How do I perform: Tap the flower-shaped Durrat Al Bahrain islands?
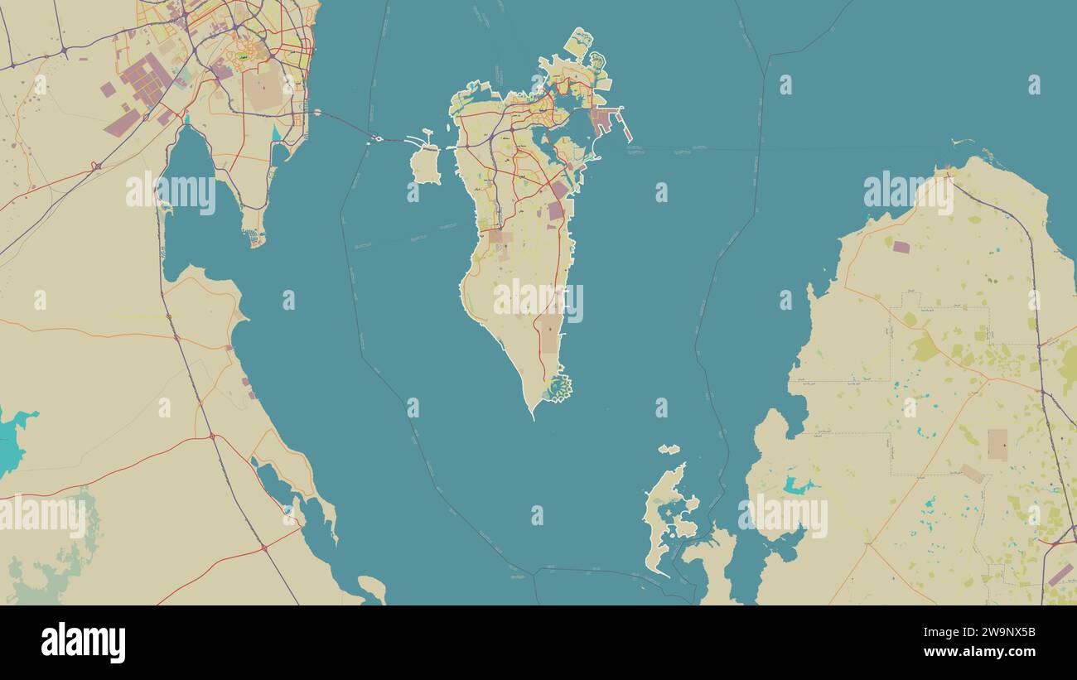[558, 388]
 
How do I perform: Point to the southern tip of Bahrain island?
[533, 415]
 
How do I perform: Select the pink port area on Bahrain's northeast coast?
[603, 122]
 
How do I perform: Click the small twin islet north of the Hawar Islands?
[669, 450]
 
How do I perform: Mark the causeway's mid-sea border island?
[379, 138]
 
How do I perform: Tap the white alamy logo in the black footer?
[83, 643]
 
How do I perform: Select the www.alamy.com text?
[993, 652]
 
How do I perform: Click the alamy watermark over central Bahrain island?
[538, 301]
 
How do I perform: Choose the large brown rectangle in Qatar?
[997, 445]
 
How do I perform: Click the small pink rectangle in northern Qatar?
[901, 247]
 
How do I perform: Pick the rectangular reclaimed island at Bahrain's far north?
[578, 42]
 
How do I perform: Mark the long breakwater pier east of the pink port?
[625, 127]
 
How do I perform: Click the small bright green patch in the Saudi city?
[243, 56]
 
